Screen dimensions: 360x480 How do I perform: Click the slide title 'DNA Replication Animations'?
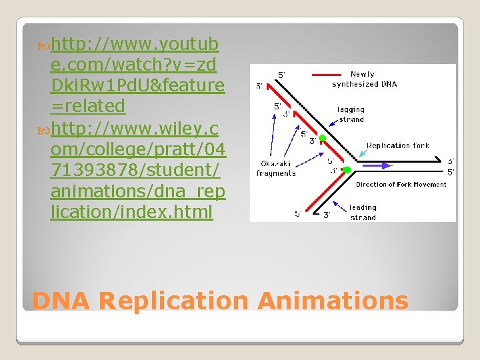[220, 301]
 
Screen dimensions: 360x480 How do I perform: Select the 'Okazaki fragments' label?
[276, 169]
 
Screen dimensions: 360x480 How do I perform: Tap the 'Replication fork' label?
[398, 145]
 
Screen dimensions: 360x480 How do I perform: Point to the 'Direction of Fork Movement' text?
[401, 185]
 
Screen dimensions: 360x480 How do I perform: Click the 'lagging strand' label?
[351, 114]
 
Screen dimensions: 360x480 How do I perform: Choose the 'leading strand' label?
[362, 212]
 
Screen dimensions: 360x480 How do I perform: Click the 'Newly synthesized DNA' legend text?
[364, 79]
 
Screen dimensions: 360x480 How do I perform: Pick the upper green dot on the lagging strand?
[321, 138]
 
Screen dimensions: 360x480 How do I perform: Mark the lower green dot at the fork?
[347, 170]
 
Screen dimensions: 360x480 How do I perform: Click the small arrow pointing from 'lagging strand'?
[333, 122]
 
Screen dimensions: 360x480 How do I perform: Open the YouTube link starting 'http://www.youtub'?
[135, 45]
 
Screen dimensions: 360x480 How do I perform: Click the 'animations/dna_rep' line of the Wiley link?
[138, 192]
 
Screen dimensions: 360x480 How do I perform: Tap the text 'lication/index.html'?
[131, 212]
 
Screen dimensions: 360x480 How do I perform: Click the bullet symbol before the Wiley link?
[45, 127]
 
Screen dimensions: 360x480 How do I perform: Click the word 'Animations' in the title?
[333, 301]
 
